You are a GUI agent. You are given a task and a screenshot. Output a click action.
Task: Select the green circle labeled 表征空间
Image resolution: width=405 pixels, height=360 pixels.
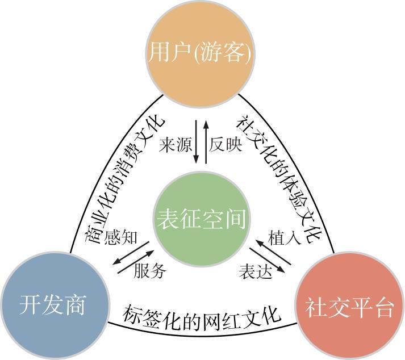(202, 219)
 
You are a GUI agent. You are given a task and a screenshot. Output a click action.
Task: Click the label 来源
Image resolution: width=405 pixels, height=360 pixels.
(175, 145)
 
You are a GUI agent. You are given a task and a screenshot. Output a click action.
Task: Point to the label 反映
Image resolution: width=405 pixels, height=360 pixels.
(226, 145)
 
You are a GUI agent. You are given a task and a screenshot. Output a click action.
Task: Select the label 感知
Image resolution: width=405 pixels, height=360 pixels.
(122, 236)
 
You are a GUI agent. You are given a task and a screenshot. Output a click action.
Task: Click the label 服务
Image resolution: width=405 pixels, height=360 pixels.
(151, 271)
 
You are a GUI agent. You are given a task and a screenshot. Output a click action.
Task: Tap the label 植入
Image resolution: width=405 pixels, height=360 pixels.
(284, 237)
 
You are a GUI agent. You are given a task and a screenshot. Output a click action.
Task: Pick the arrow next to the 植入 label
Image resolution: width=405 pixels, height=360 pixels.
(274, 252)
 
